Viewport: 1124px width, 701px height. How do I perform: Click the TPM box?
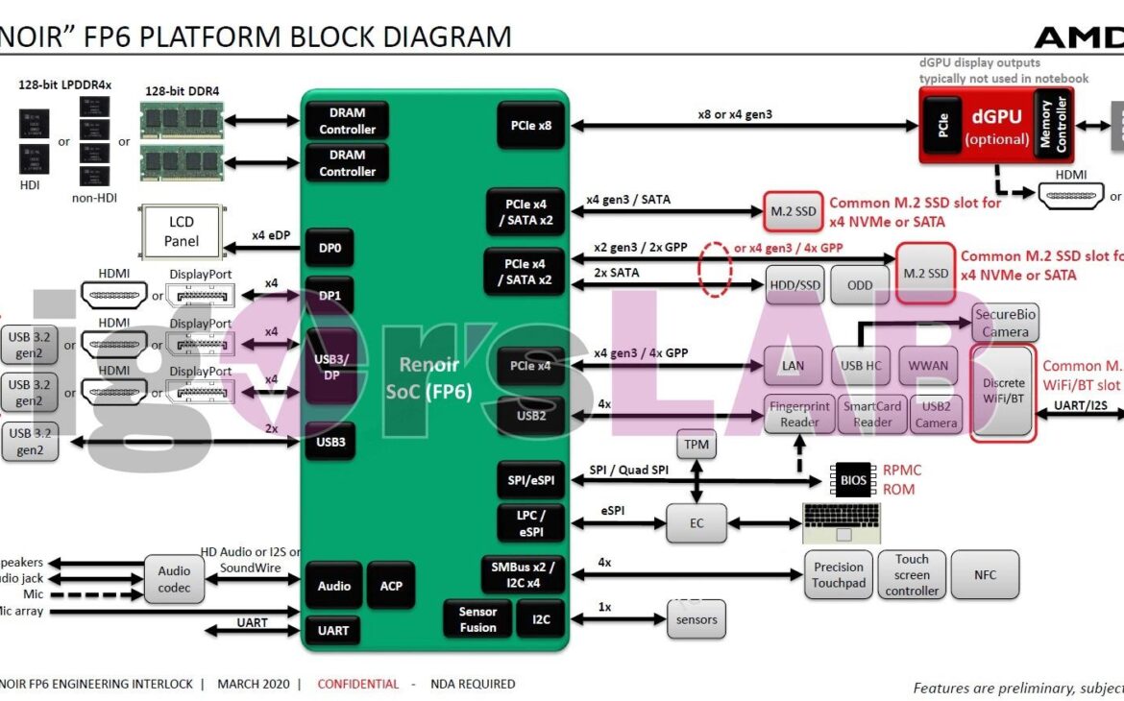(696, 446)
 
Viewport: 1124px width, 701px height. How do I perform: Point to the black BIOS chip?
(852, 479)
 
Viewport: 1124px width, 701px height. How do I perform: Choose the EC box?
(696, 523)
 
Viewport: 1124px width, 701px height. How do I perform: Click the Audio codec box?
(174, 579)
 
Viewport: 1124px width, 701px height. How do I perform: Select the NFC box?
(985, 575)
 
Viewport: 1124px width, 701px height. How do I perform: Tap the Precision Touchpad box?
(839, 575)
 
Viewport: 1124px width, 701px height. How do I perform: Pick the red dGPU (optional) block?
(994, 126)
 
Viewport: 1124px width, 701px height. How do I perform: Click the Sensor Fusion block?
(477, 619)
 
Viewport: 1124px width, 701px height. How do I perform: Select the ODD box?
(860, 285)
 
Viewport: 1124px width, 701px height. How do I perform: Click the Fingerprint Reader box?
(799, 415)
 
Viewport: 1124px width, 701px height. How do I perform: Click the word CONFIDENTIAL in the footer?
(357, 684)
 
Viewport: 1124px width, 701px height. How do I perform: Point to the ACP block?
(391, 585)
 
